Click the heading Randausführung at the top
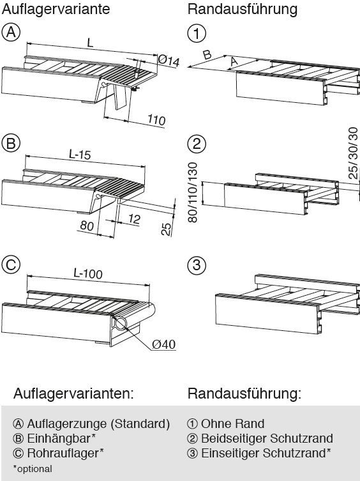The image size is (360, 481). coord(243,10)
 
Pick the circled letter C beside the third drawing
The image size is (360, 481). coord(11,264)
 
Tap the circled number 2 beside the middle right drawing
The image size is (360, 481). coord(197,144)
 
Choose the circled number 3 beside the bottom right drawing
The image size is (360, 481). coord(197,264)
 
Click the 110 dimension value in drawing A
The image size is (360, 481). coord(155,120)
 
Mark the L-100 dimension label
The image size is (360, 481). coord(87,273)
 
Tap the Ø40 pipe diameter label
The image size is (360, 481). coord(164,344)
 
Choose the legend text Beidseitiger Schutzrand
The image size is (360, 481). coord(266,438)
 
